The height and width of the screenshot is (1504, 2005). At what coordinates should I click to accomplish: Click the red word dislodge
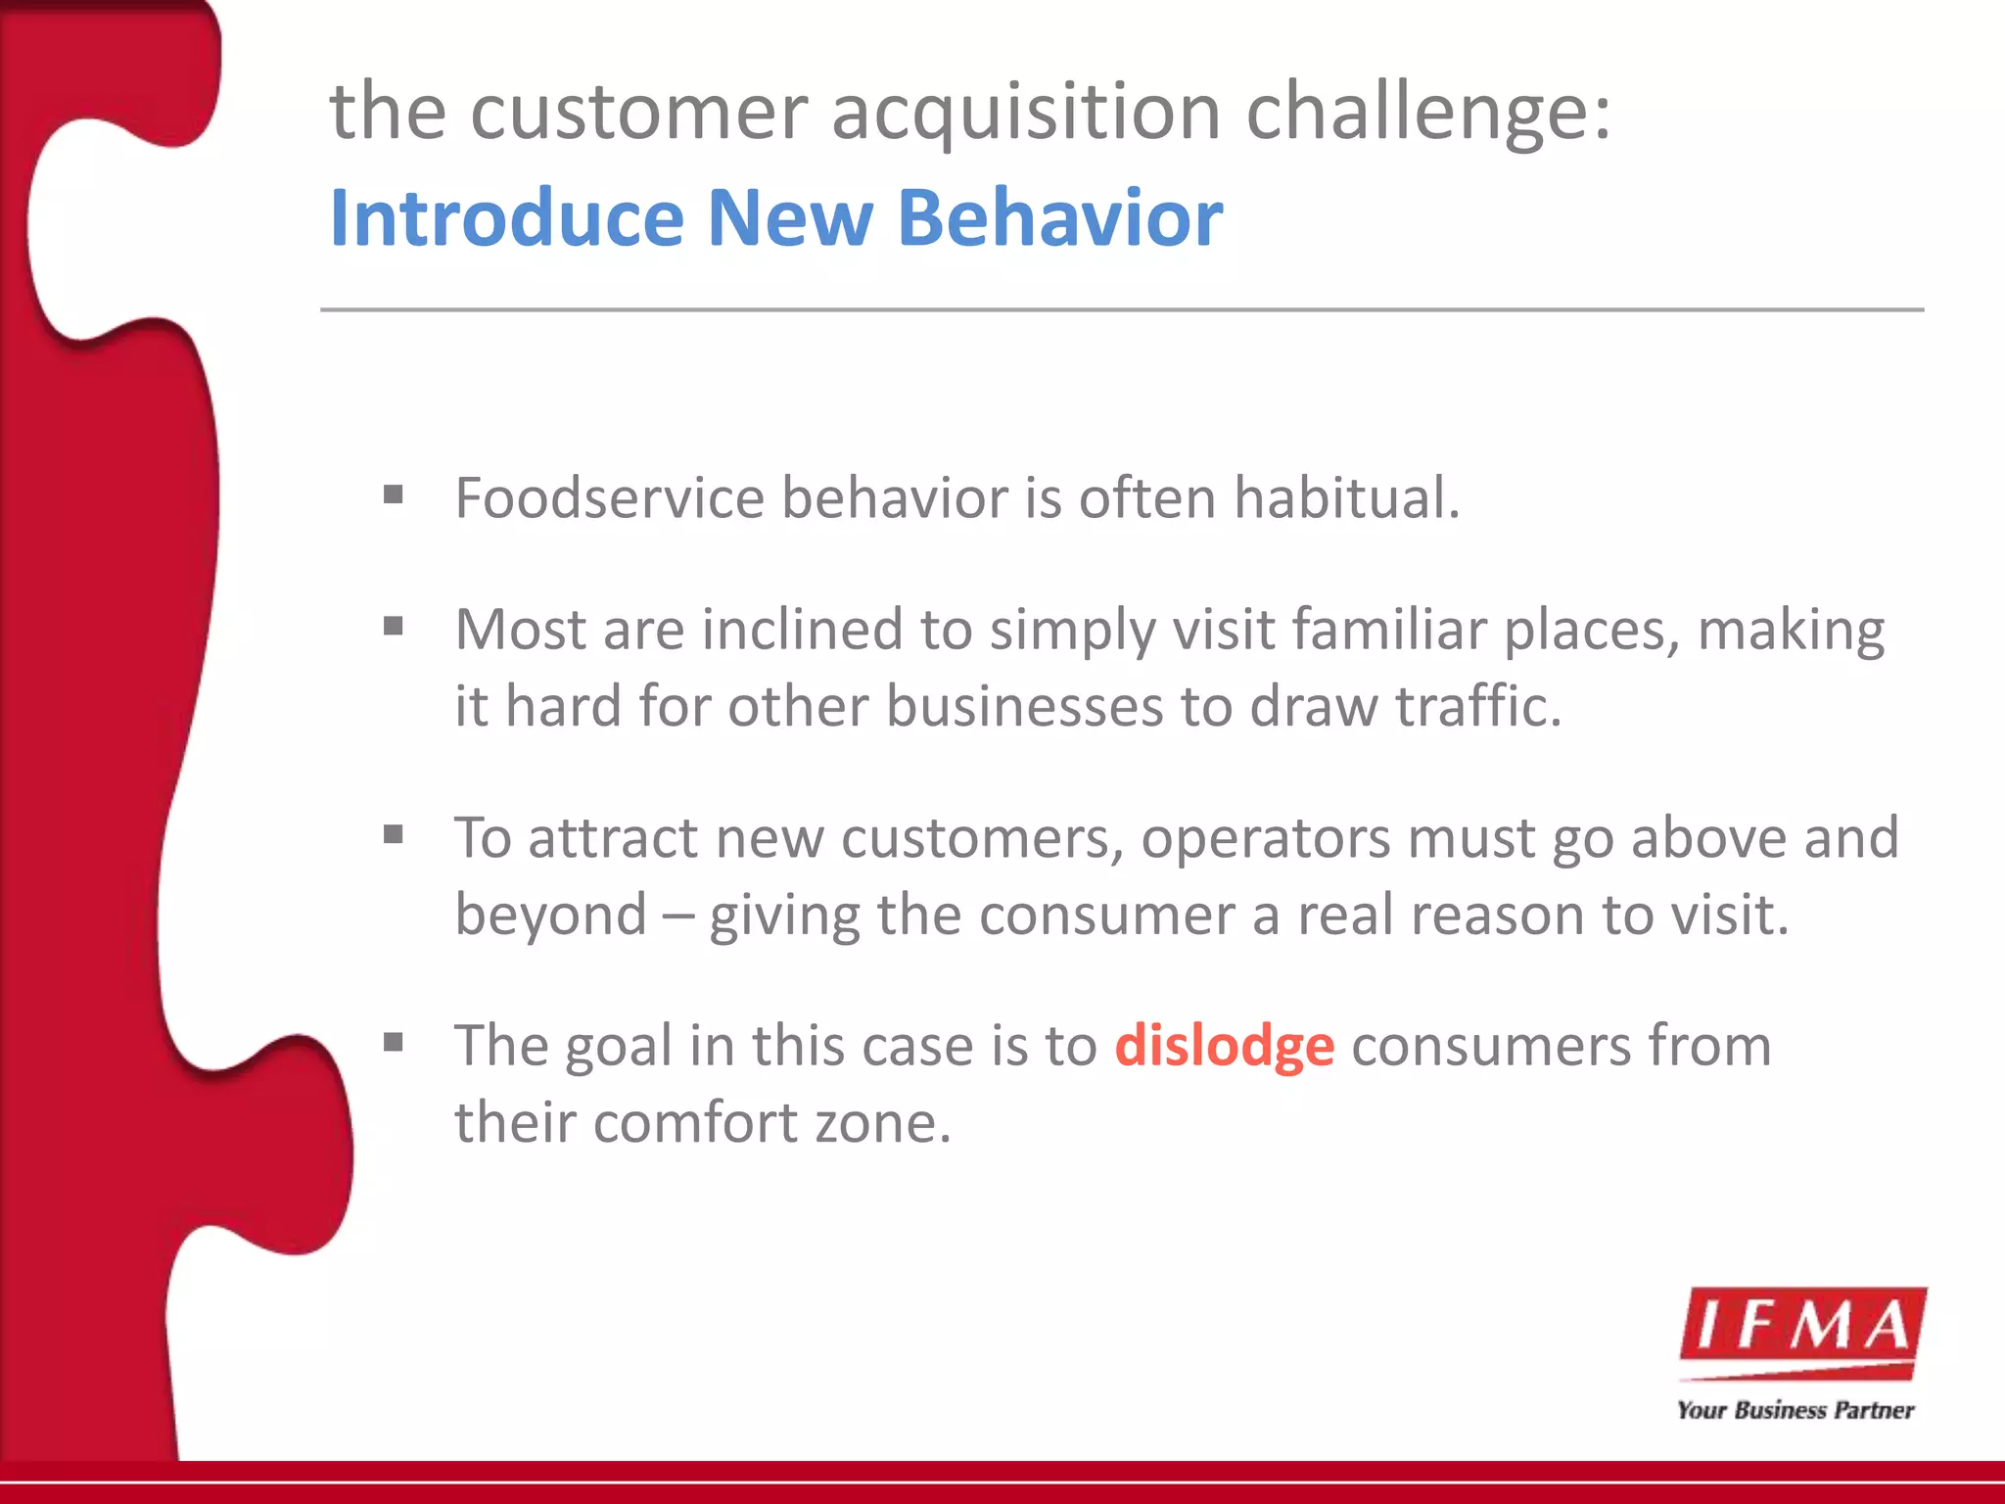tap(1224, 1046)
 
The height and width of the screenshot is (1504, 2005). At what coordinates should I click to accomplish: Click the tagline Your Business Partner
tap(1795, 1410)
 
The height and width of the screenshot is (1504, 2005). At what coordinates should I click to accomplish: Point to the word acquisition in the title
tap(1025, 114)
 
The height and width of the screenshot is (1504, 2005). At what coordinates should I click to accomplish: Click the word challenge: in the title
tap(1428, 114)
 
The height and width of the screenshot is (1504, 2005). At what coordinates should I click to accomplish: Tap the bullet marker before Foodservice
tap(394, 494)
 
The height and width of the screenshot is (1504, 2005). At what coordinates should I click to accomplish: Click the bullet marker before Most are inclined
tap(394, 625)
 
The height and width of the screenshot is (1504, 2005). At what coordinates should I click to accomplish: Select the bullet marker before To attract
tap(394, 834)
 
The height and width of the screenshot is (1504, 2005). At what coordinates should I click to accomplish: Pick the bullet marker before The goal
tap(394, 1042)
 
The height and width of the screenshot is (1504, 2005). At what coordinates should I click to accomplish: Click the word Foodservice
tap(609, 497)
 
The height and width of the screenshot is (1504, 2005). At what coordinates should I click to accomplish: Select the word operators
tap(1265, 838)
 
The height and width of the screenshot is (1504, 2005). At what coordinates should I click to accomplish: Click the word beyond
tap(550, 916)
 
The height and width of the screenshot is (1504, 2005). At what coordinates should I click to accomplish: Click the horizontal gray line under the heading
tap(1122, 309)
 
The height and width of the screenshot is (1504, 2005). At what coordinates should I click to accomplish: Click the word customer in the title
tap(639, 114)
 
